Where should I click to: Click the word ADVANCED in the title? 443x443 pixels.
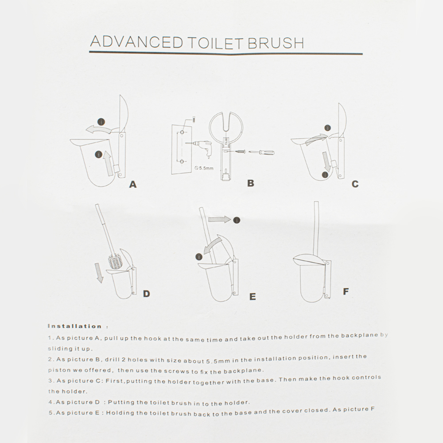pyautogui.click(x=136, y=42)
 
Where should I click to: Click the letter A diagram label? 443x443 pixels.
pyautogui.click(x=133, y=184)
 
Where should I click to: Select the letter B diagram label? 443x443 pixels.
pyautogui.click(x=251, y=183)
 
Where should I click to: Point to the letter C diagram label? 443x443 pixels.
pyautogui.click(x=355, y=184)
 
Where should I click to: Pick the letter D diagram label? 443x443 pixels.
pyautogui.click(x=146, y=294)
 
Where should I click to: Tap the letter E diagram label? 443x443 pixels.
pyautogui.click(x=253, y=296)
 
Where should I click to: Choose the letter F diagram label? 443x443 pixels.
pyautogui.click(x=346, y=291)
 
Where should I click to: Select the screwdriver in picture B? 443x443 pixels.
pyautogui.click(x=262, y=152)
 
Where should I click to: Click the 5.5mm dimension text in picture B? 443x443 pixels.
pyautogui.click(x=204, y=168)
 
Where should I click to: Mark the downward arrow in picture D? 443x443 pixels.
pyautogui.click(x=99, y=273)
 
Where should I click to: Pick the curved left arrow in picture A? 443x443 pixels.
pyautogui.click(x=99, y=129)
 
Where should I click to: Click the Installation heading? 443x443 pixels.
pyautogui.click(x=74, y=326)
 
